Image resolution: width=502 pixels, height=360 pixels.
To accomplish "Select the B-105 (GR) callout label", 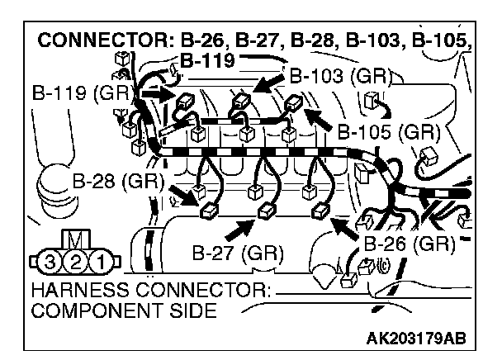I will pyautogui.click(x=386, y=131).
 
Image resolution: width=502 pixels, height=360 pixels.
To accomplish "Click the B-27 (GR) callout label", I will pyautogui.click(x=239, y=252).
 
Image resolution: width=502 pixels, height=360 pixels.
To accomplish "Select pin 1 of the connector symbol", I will pyautogui.click(x=102, y=264).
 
